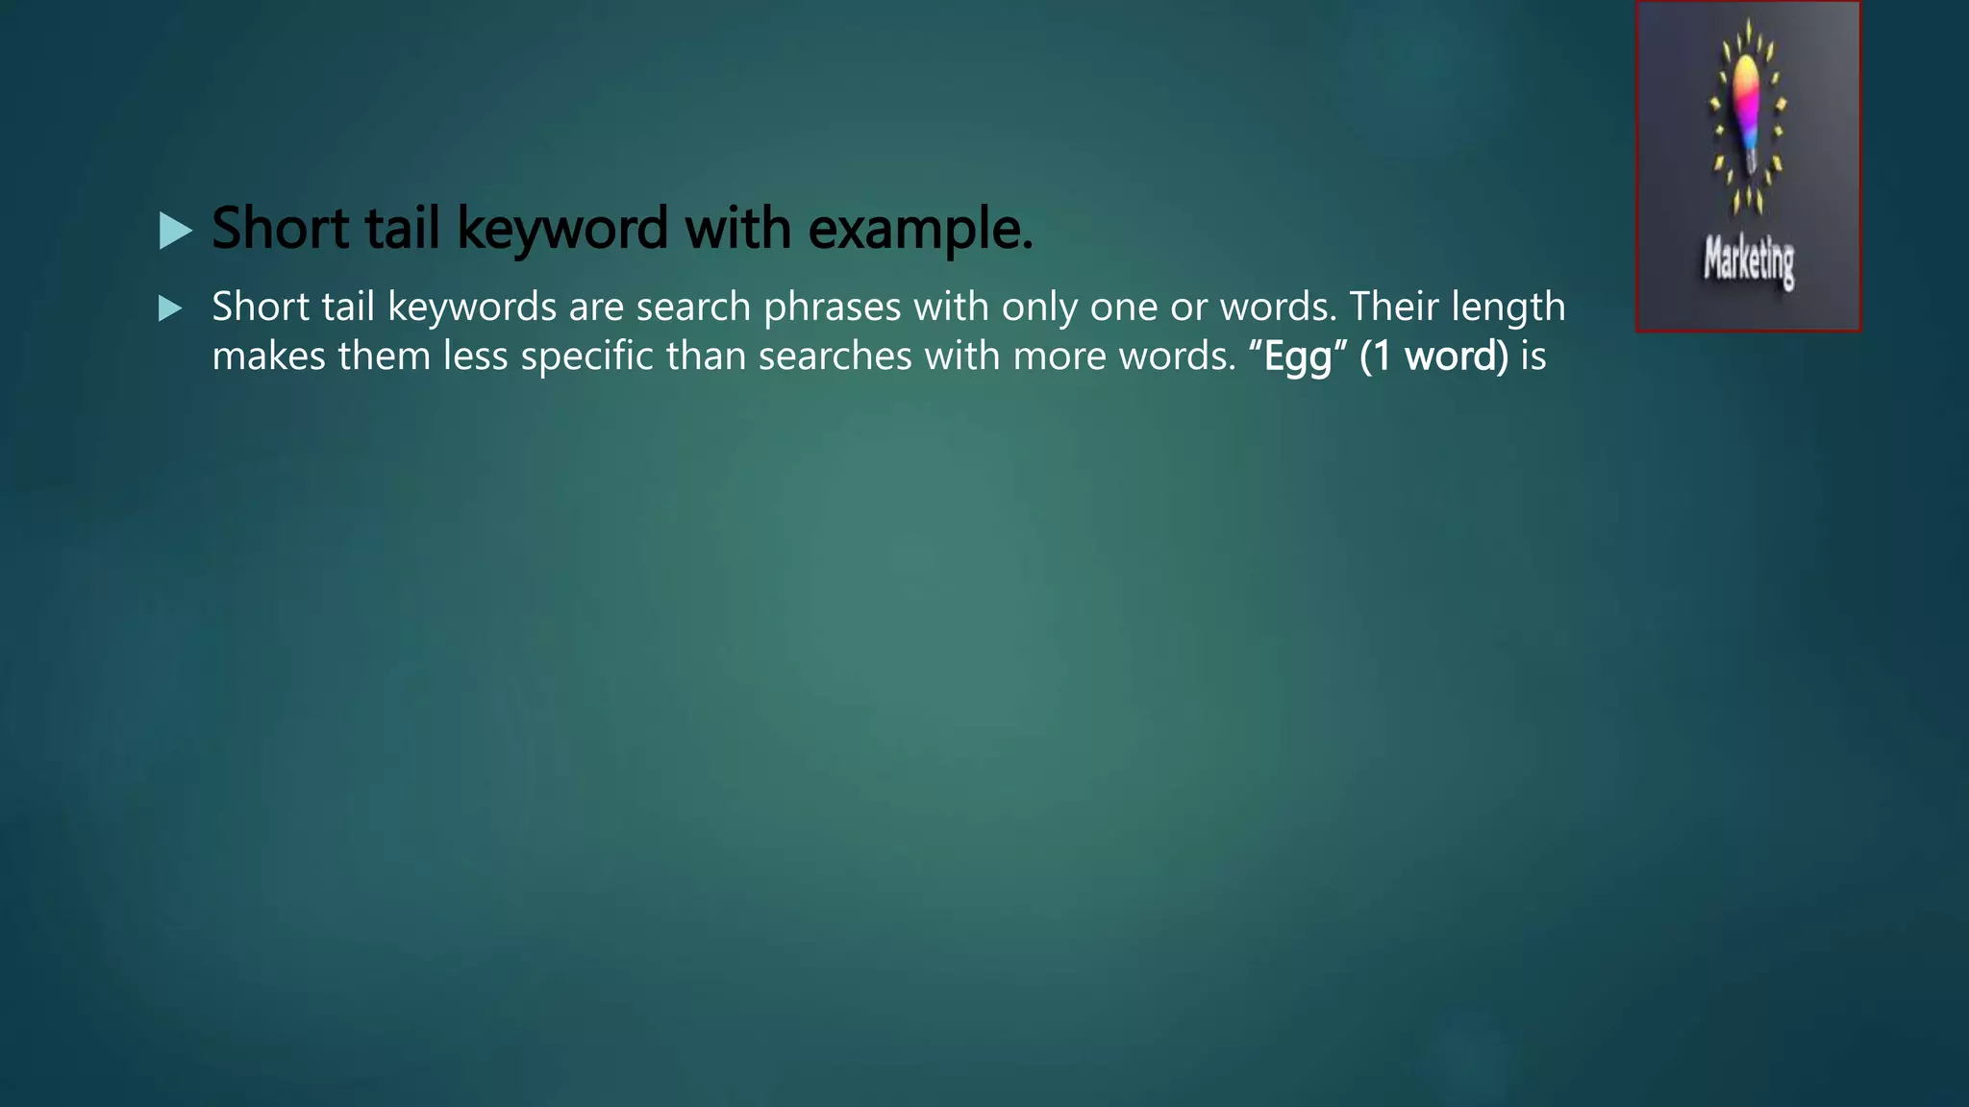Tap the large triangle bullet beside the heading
[175, 231]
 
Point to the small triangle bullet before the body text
[170, 308]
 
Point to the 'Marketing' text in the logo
[1749, 259]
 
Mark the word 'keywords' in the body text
[472, 307]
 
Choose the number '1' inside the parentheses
[1382, 357]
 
